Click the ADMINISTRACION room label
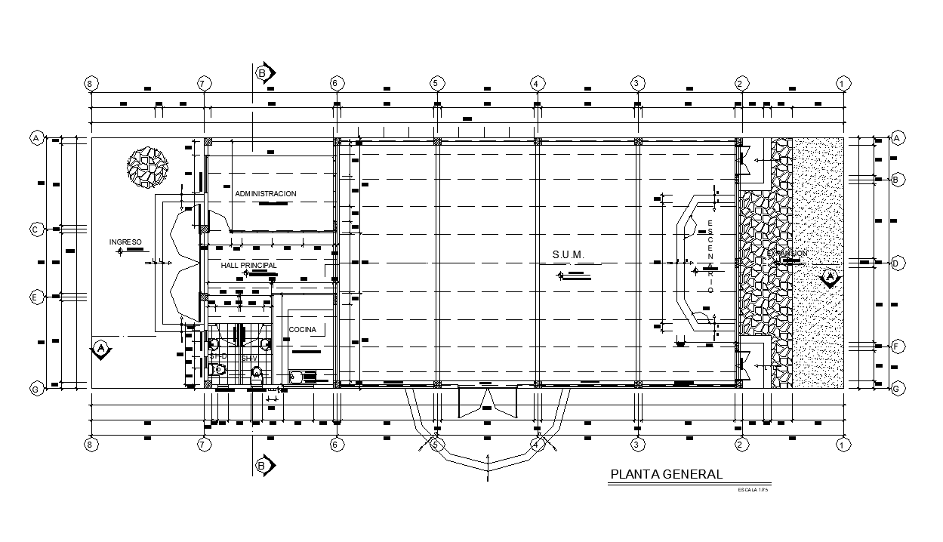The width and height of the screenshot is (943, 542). coord(265,194)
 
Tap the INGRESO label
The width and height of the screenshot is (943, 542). coord(125,242)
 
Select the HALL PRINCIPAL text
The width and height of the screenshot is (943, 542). coord(248,266)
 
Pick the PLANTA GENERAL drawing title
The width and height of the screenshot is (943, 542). coord(666,474)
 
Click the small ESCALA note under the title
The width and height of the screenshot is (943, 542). coord(753,491)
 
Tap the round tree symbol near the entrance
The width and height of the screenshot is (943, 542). coord(146,166)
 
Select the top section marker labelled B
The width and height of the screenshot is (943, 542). coord(263,73)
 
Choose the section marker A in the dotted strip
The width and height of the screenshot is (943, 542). coord(830,277)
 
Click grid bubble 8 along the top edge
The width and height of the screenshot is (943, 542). coord(91,83)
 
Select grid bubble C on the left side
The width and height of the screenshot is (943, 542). coord(35,229)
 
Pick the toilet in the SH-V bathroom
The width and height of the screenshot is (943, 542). coord(257,374)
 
